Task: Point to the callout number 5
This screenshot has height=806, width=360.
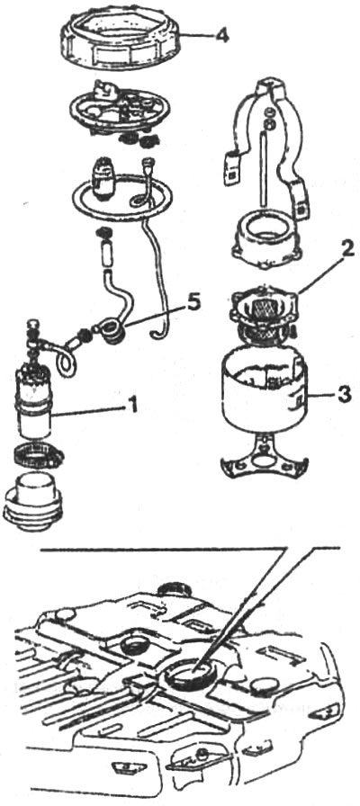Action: click(x=193, y=303)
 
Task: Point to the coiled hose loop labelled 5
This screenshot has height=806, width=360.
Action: click(x=111, y=330)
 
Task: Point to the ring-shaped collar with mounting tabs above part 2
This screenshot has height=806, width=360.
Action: click(x=265, y=240)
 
